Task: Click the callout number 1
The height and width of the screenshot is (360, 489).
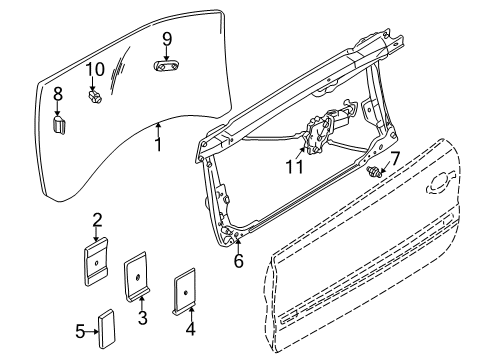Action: [x=157, y=144]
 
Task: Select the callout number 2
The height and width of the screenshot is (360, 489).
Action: [x=97, y=221]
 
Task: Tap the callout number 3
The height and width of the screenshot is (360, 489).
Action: [x=143, y=319]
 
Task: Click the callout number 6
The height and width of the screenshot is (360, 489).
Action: [x=238, y=261]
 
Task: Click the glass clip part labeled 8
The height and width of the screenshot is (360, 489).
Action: [x=58, y=124]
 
